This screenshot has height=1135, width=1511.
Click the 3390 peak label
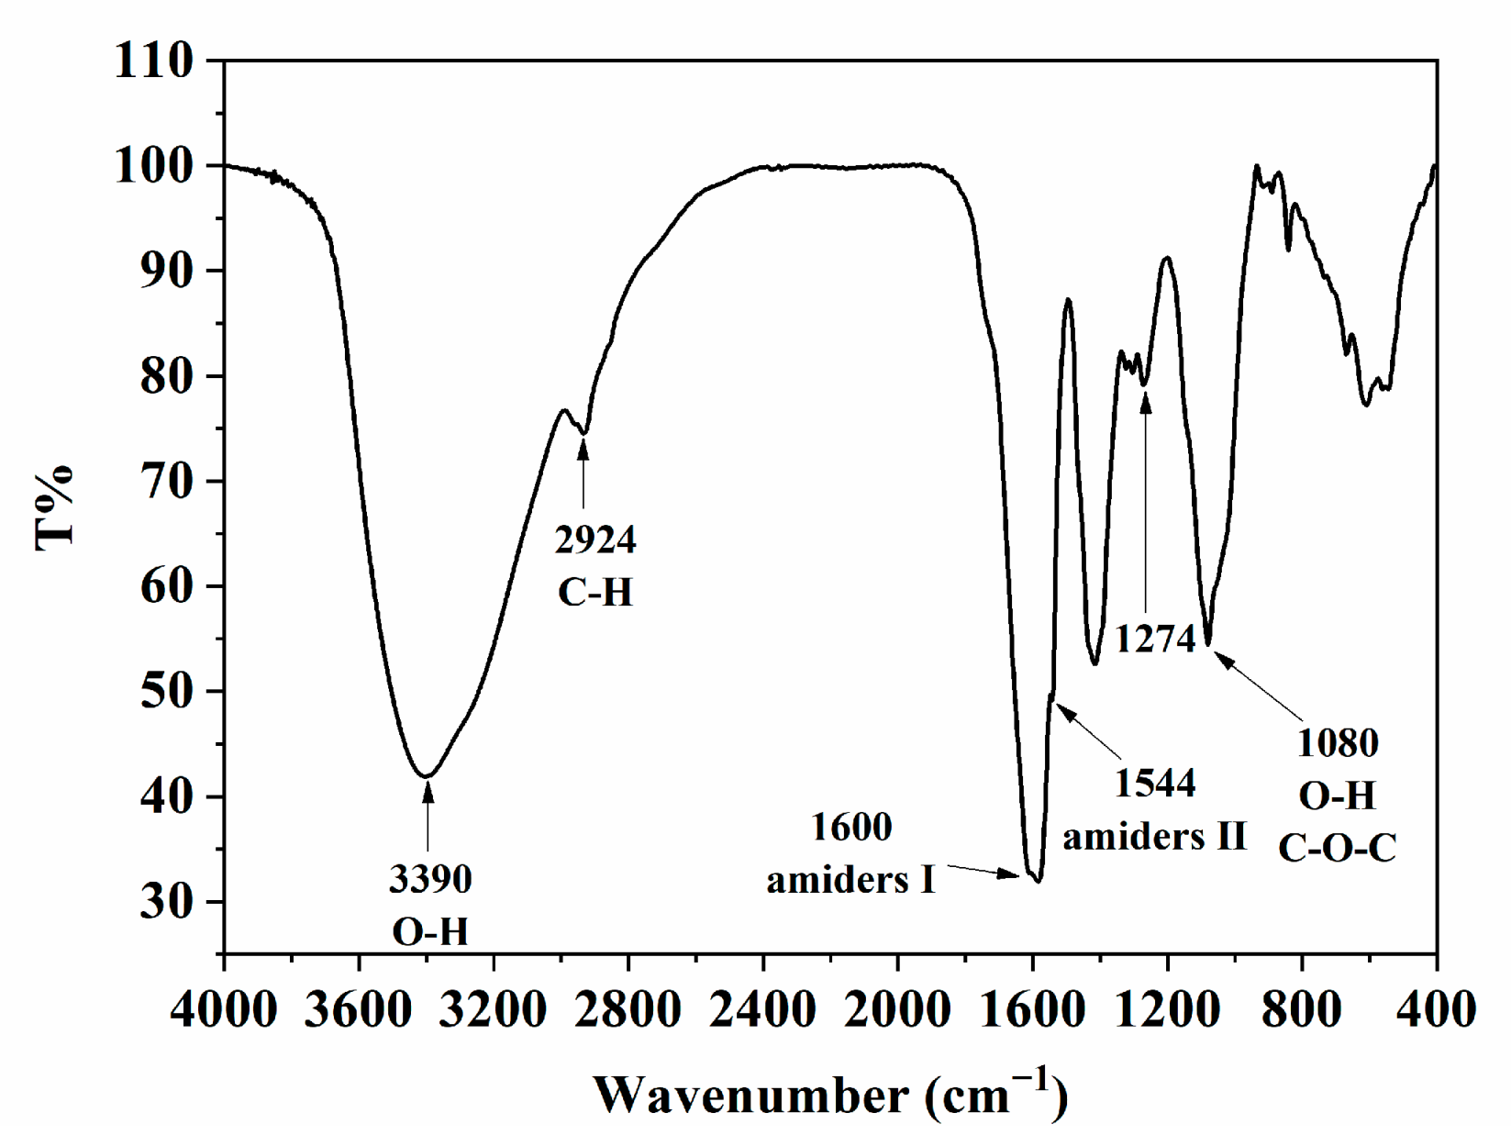[x=429, y=879]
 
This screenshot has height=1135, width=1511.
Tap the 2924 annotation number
[x=594, y=540]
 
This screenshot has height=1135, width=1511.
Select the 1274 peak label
[x=1154, y=639]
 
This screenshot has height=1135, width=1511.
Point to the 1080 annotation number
[x=1337, y=743]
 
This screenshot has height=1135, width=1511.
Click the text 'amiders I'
[x=850, y=881]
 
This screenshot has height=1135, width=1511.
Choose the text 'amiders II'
[x=1154, y=837]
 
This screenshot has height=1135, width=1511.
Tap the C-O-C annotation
[x=1337, y=849]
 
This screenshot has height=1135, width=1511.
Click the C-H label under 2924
[x=594, y=593]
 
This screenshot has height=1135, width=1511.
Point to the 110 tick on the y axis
[x=154, y=61]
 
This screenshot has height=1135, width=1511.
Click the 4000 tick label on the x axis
[x=223, y=1010]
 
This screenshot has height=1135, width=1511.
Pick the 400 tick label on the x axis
[x=1436, y=1010]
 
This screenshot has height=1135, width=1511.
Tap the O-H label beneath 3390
[x=429, y=932]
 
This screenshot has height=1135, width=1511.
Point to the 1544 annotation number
[x=1154, y=784]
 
